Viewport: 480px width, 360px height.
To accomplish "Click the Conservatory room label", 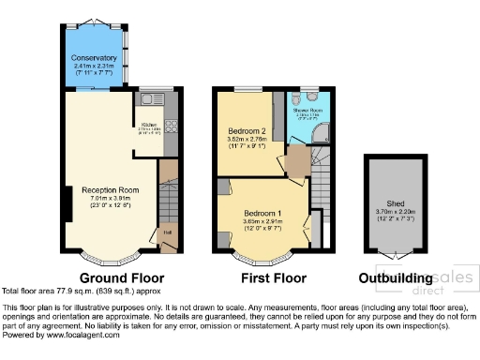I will pyautogui.click(x=95, y=57).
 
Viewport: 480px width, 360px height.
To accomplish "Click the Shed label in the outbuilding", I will pyautogui.click(x=395, y=202).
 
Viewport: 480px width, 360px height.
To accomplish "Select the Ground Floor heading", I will pyautogui.click(x=122, y=278).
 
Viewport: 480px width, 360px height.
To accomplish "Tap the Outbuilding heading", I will pyautogui.click(x=395, y=278).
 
